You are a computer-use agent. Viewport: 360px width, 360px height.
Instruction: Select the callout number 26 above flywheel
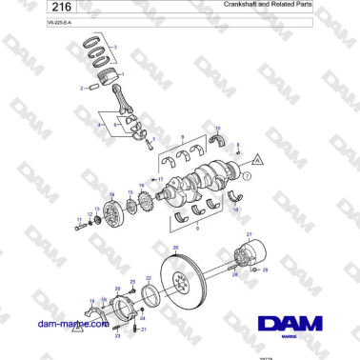pyautogui.click(x=174, y=248)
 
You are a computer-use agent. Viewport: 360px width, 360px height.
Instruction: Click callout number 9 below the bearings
pyautogui.click(x=196, y=229)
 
